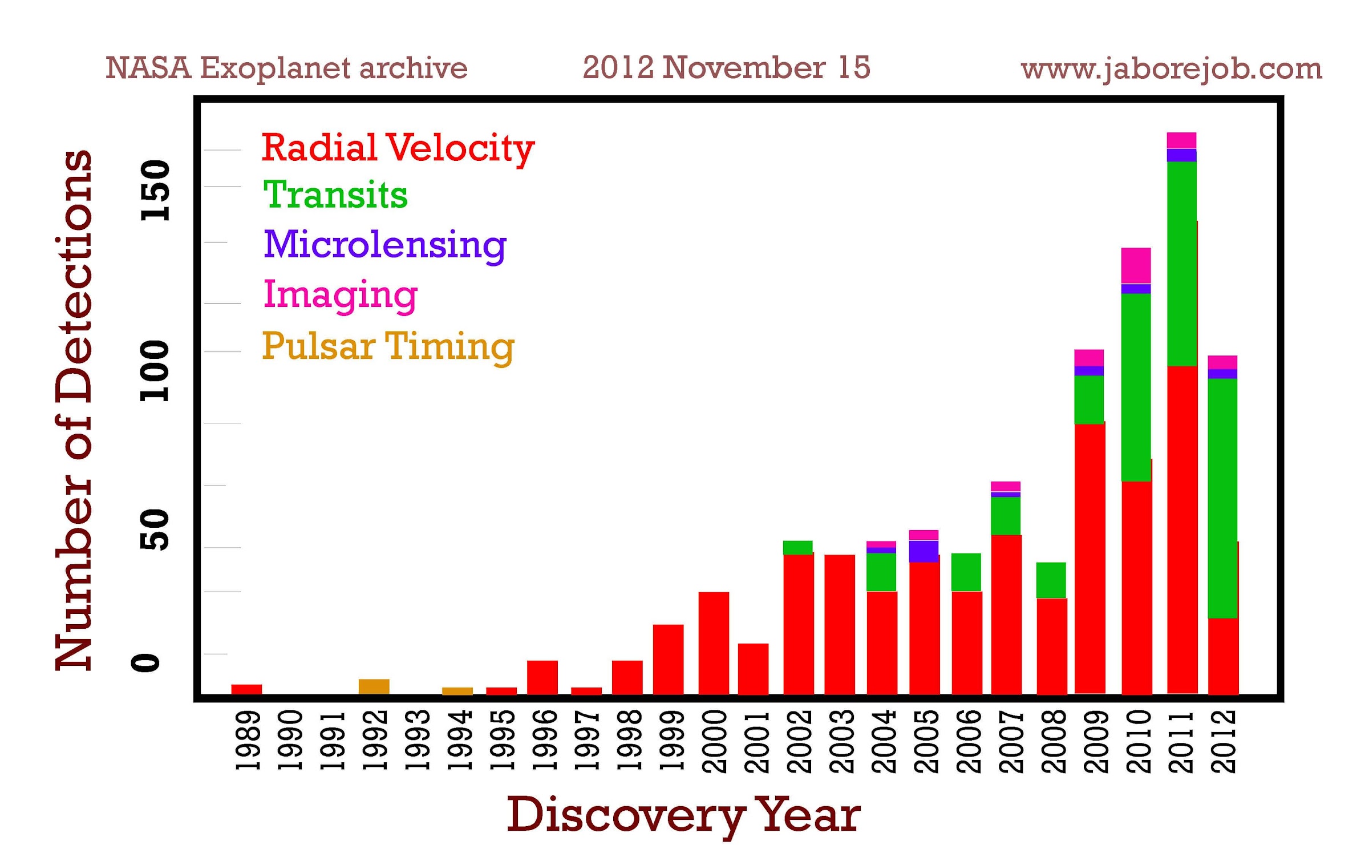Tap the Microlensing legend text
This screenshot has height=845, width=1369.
click(385, 245)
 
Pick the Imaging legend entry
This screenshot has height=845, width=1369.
click(341, 296)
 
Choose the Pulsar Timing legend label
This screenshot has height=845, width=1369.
click(388, 347)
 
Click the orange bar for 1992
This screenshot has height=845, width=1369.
click(374, 686)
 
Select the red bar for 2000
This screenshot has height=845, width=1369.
click(714, 643)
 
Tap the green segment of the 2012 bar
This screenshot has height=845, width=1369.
click(1222, 498)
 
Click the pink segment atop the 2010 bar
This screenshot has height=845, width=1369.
click(1136, 265)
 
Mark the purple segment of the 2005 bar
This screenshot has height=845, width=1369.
click(924, 551)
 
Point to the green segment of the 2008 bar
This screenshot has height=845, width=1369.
click(1051, 580)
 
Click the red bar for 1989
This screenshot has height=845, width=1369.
click(246, 689)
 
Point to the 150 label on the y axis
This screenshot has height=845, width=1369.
click(155, 191)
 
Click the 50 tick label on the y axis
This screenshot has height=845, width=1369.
click(155, 530)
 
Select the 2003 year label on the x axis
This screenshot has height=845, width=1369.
click(841, 741)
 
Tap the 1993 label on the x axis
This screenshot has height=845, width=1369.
click(417, 739)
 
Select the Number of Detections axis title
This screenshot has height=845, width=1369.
click(74, 410)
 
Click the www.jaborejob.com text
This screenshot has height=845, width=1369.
click(1172, 69)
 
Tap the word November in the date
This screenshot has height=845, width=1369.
click(744, 67)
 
